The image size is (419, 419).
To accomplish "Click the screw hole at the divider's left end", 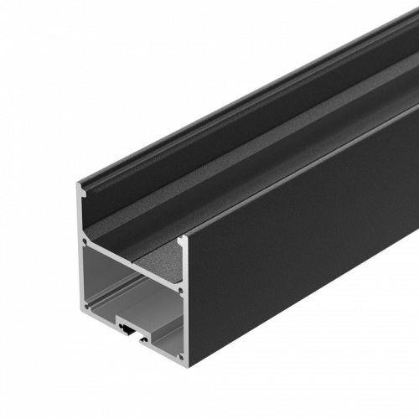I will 85,243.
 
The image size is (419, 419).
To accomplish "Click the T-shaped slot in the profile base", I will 127,330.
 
